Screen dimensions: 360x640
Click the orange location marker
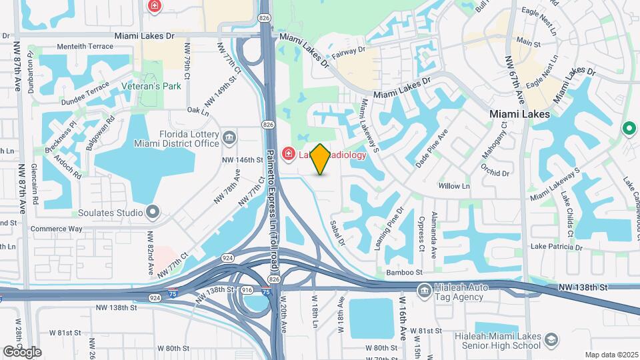click(321, 159)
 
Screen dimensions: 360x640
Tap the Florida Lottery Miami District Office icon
click(230, 138)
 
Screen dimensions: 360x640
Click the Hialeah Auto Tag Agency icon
click(424, 290)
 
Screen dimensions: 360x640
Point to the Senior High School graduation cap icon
click(551, 341)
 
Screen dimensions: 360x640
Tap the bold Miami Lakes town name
click(520, 114)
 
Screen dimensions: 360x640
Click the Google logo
click(22, 351)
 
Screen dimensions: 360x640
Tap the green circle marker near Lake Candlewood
click(627, 128)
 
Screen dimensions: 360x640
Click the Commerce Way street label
click(57, 229)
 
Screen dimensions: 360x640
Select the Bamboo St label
click(405, 273)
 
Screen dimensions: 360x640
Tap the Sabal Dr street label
click(338, 233)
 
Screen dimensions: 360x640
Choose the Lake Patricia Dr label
click(557, 247)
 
